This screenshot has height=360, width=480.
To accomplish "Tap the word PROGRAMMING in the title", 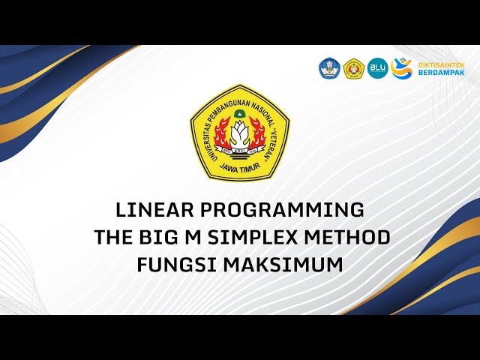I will (x=284, y=209).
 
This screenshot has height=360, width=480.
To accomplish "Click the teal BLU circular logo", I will (x=377, y=69).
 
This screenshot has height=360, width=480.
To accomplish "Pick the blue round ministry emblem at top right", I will (x=329, y=69).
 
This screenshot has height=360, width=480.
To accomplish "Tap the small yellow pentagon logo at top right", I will (x=354, y=69).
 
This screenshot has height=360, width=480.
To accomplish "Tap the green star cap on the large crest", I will (x=240, y=114).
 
